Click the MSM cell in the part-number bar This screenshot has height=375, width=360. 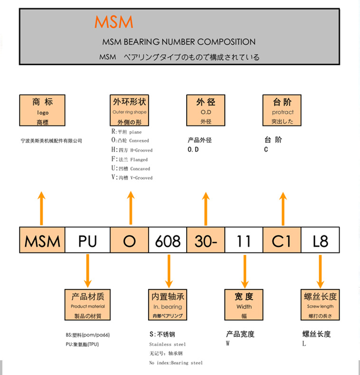[x=42, y=240]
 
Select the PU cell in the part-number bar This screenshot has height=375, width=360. [x=87, y=240]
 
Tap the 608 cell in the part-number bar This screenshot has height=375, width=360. [x=168, y=240]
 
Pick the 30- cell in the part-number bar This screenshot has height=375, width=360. [x=206, y=240]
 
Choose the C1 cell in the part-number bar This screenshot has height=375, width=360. [x=282, y=240]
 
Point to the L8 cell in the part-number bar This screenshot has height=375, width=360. [x=321, y=240]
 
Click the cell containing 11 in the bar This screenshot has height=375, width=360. [x=244, y=240]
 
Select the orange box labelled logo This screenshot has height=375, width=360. [x=42, y=111]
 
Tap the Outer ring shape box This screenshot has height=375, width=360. [x=130, y=111]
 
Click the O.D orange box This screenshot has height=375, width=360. [x=206, y=111]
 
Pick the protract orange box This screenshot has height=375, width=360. [x=283, y=111]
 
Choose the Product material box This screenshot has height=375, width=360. [x=88, y=305]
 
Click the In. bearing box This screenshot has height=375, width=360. [x=168, y=305]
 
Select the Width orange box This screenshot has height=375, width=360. [x=244, y=305]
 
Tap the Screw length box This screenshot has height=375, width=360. [x=320, y=305]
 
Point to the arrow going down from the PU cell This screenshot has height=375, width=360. [x=88, y=271]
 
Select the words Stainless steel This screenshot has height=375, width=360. [x=167, y=344]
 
